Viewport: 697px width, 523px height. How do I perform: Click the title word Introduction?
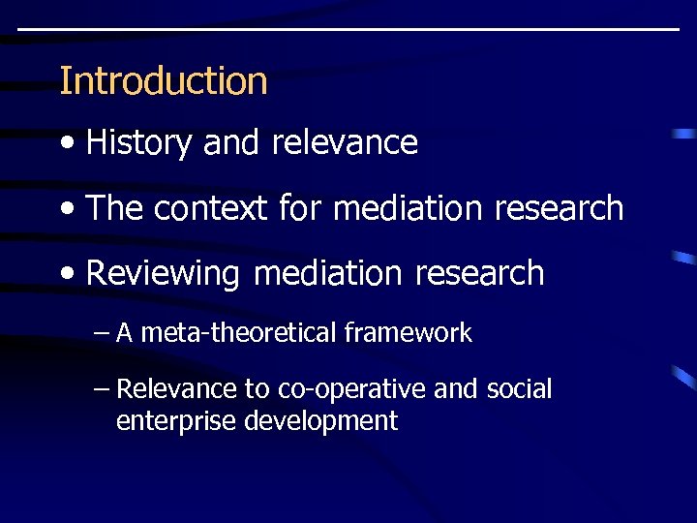[x=163, y=80]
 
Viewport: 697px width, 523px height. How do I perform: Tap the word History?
[x=138, y=143]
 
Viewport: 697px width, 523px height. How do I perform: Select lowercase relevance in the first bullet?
[x=345, y=143]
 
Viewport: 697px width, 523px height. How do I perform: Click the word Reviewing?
[x=162, y=273]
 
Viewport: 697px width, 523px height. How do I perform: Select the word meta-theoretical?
[x=237, y=334]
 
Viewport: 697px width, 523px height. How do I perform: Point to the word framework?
[x=408, y=334]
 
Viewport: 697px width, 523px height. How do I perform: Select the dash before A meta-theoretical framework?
[x=103, y=334]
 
